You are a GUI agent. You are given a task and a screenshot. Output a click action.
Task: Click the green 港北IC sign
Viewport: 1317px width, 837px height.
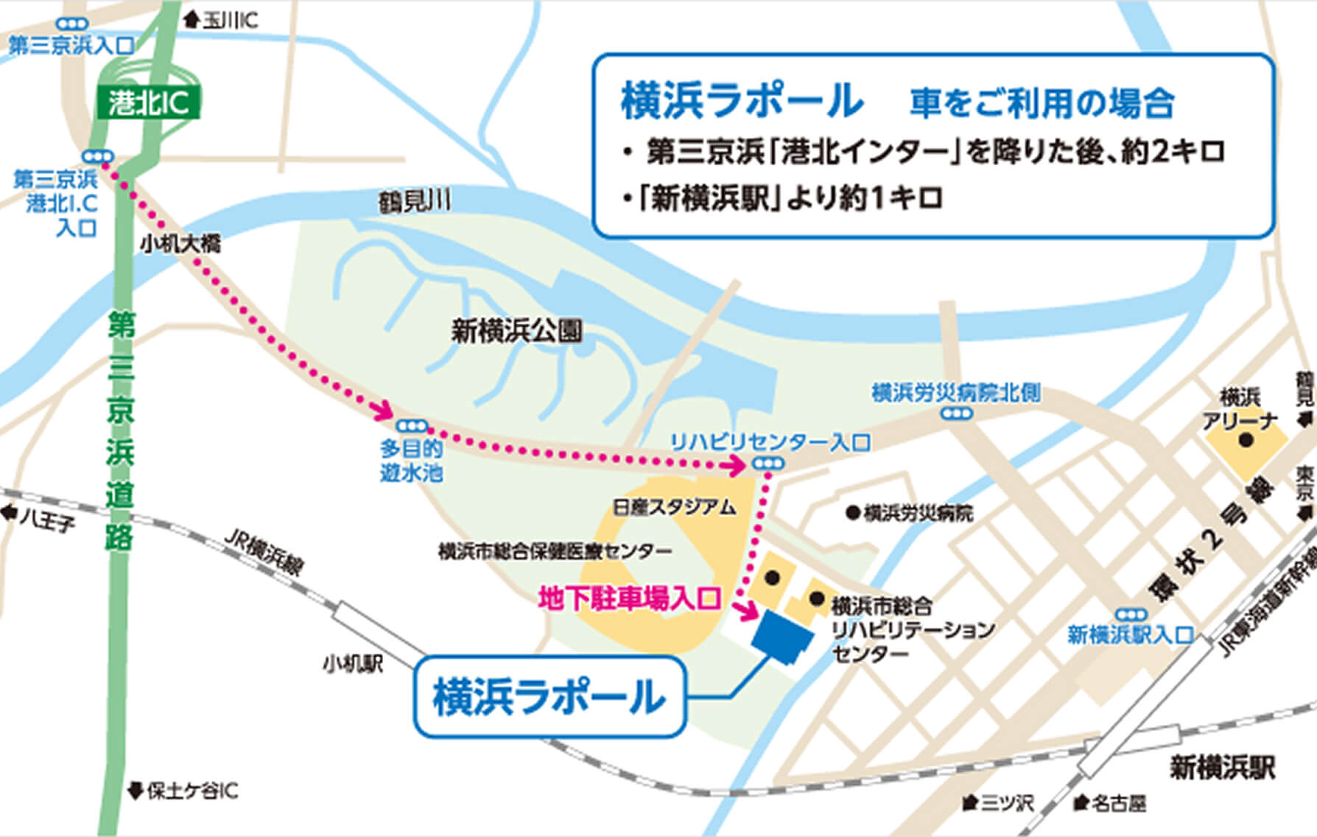149,103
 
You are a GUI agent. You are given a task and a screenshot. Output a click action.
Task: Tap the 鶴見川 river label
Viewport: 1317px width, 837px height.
414,202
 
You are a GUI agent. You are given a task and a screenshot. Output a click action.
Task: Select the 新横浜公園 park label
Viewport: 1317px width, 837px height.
516,331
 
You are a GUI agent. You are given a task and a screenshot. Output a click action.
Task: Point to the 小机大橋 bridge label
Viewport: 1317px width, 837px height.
180,244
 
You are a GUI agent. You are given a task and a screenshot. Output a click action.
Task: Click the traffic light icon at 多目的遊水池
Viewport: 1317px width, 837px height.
411,426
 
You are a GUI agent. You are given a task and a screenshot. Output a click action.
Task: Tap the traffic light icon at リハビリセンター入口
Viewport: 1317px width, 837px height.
768,463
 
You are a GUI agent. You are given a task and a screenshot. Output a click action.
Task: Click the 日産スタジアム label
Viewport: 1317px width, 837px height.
674,508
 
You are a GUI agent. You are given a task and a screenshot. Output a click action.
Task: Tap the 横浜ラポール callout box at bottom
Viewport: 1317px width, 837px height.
549,697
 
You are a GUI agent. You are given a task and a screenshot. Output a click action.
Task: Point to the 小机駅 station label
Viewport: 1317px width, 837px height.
353,664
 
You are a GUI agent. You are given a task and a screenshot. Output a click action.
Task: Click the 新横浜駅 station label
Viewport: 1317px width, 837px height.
1222,768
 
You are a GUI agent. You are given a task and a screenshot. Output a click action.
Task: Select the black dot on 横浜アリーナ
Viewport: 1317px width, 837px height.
1246,441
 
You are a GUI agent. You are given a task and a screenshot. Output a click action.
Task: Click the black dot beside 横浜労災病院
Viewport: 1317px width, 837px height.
853,512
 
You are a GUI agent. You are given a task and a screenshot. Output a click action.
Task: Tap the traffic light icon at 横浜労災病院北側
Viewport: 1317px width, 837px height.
956,413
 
